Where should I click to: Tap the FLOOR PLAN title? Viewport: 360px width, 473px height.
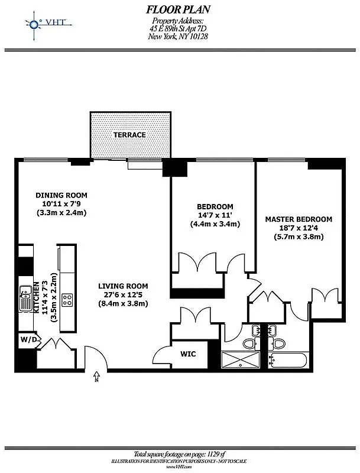pyautogui.click(x=178, y=9)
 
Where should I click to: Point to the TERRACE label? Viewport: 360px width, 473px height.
pyautogui.click(x=129, y=135)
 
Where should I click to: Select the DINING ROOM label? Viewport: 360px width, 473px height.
pyautogui.click(x=61, y=195)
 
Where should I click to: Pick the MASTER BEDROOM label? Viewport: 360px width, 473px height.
pyautogui.click(x=298, y=219)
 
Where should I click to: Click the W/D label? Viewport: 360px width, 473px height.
pyautogui.click(x=29, y=340)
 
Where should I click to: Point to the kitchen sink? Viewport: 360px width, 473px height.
pyautogui.click(x=26, y=298)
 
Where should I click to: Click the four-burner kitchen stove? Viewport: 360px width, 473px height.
pyautogui.click(x=67, y=300)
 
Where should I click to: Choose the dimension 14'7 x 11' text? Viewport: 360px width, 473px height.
pyautogui.click(x=215, y=215)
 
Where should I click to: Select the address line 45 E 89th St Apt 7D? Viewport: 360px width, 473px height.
pyautogui.click(x=178, y=29)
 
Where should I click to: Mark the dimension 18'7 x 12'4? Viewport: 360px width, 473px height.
pyautogui.click(x=298, y=228)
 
